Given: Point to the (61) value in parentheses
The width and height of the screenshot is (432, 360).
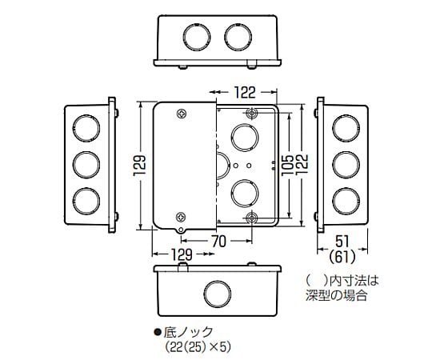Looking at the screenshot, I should (x=342, y=256).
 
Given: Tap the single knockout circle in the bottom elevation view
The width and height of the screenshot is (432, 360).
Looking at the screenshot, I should (x=216, y=292).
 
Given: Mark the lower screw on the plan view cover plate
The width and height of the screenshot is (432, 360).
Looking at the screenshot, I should (x=181, y=217).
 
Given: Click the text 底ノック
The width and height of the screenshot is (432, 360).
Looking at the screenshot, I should (x=186, y=330).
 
